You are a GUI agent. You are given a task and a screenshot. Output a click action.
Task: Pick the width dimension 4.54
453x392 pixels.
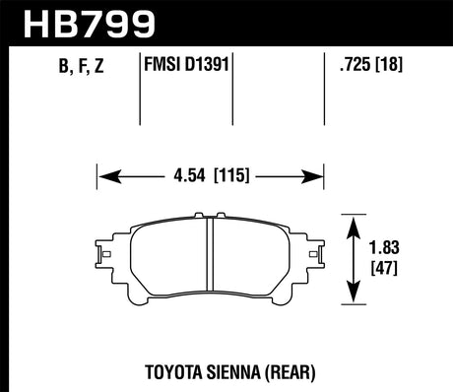pos(187,177)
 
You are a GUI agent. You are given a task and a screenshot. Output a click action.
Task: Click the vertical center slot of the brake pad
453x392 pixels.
pos(212,258)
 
